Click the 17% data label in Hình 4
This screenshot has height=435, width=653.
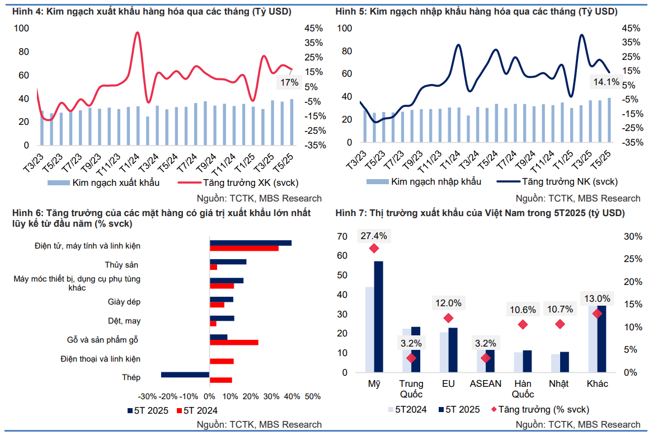[x=289, y=83]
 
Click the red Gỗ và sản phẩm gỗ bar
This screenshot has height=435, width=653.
[x=234, y=342]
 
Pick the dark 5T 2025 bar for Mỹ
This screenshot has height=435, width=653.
[x=379, y=317]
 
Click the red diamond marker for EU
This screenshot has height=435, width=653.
[x=448, y=318]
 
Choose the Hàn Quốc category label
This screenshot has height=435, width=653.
[x=523, y=389]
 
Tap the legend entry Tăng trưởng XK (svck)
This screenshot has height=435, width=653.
[x=237, y=183]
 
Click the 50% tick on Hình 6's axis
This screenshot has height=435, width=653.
[x=313, y=396]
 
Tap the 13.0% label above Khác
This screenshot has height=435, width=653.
[x=597, y=298]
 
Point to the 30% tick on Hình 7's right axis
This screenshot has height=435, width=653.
[x=633, y=237]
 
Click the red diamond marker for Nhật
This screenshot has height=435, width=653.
[x=560, y=324]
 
